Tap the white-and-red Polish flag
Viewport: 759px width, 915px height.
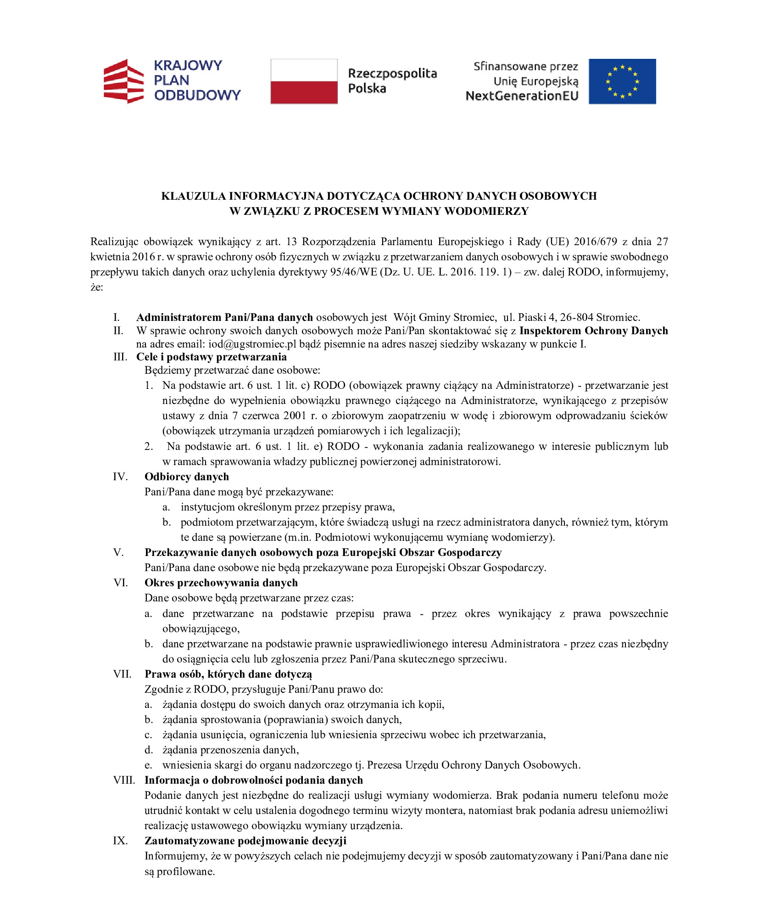[303, 81]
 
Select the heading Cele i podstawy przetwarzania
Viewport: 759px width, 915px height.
[211, 357]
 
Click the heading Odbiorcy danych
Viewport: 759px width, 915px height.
[186, 477]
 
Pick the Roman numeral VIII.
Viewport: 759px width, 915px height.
[124, 780]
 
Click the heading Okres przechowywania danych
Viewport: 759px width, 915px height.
[221, 583]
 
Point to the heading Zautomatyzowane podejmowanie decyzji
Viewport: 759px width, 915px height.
[245, 841]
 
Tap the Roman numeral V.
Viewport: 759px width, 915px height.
[118, 552]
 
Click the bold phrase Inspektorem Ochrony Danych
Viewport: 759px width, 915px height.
[593, 331]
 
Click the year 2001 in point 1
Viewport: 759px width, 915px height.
[294, 415]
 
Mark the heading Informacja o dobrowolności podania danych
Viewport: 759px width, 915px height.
[253, 780]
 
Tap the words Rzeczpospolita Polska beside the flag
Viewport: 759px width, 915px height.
[392, 81]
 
